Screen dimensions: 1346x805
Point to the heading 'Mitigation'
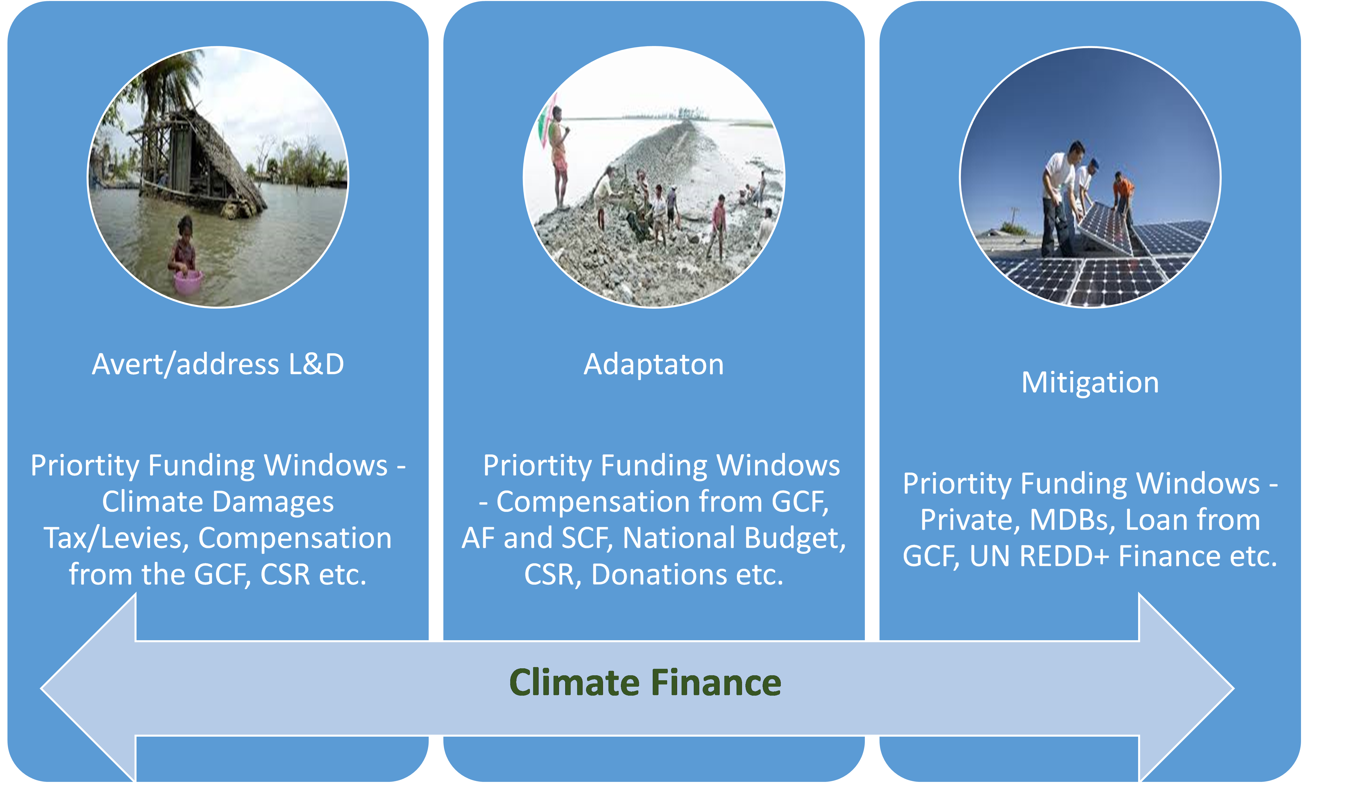coord(1090,382)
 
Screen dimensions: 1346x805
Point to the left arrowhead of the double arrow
coord(89,688)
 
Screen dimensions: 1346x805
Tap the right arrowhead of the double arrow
coord(1186,688)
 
